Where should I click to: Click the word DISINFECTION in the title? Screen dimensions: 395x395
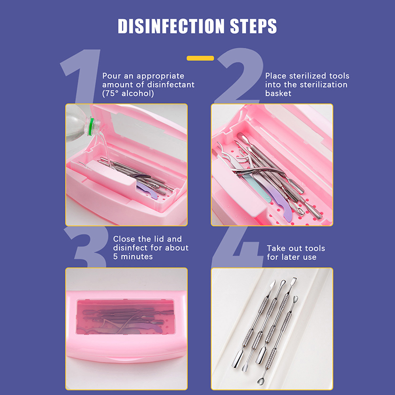[x=171, y=26]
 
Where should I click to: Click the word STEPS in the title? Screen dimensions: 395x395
[x=253, y=26]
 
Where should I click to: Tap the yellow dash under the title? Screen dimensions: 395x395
[x=200, y=58]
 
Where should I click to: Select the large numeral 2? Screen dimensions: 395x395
[x=239, y=76]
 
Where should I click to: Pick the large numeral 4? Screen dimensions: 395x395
[x=237, y=247]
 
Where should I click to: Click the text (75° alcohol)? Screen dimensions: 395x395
[x=128, y=93]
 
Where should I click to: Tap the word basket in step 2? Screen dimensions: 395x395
[x=278, y=93]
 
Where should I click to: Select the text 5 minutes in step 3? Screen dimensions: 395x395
[x=133, y=256]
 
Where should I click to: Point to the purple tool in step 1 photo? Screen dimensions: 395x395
[x=147, y=190]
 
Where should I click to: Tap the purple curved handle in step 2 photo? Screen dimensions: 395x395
[x=277, y=199]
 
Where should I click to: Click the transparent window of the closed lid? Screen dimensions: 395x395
[x=125, y=316]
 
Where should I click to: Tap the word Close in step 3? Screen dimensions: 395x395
[x=124, y=239]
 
